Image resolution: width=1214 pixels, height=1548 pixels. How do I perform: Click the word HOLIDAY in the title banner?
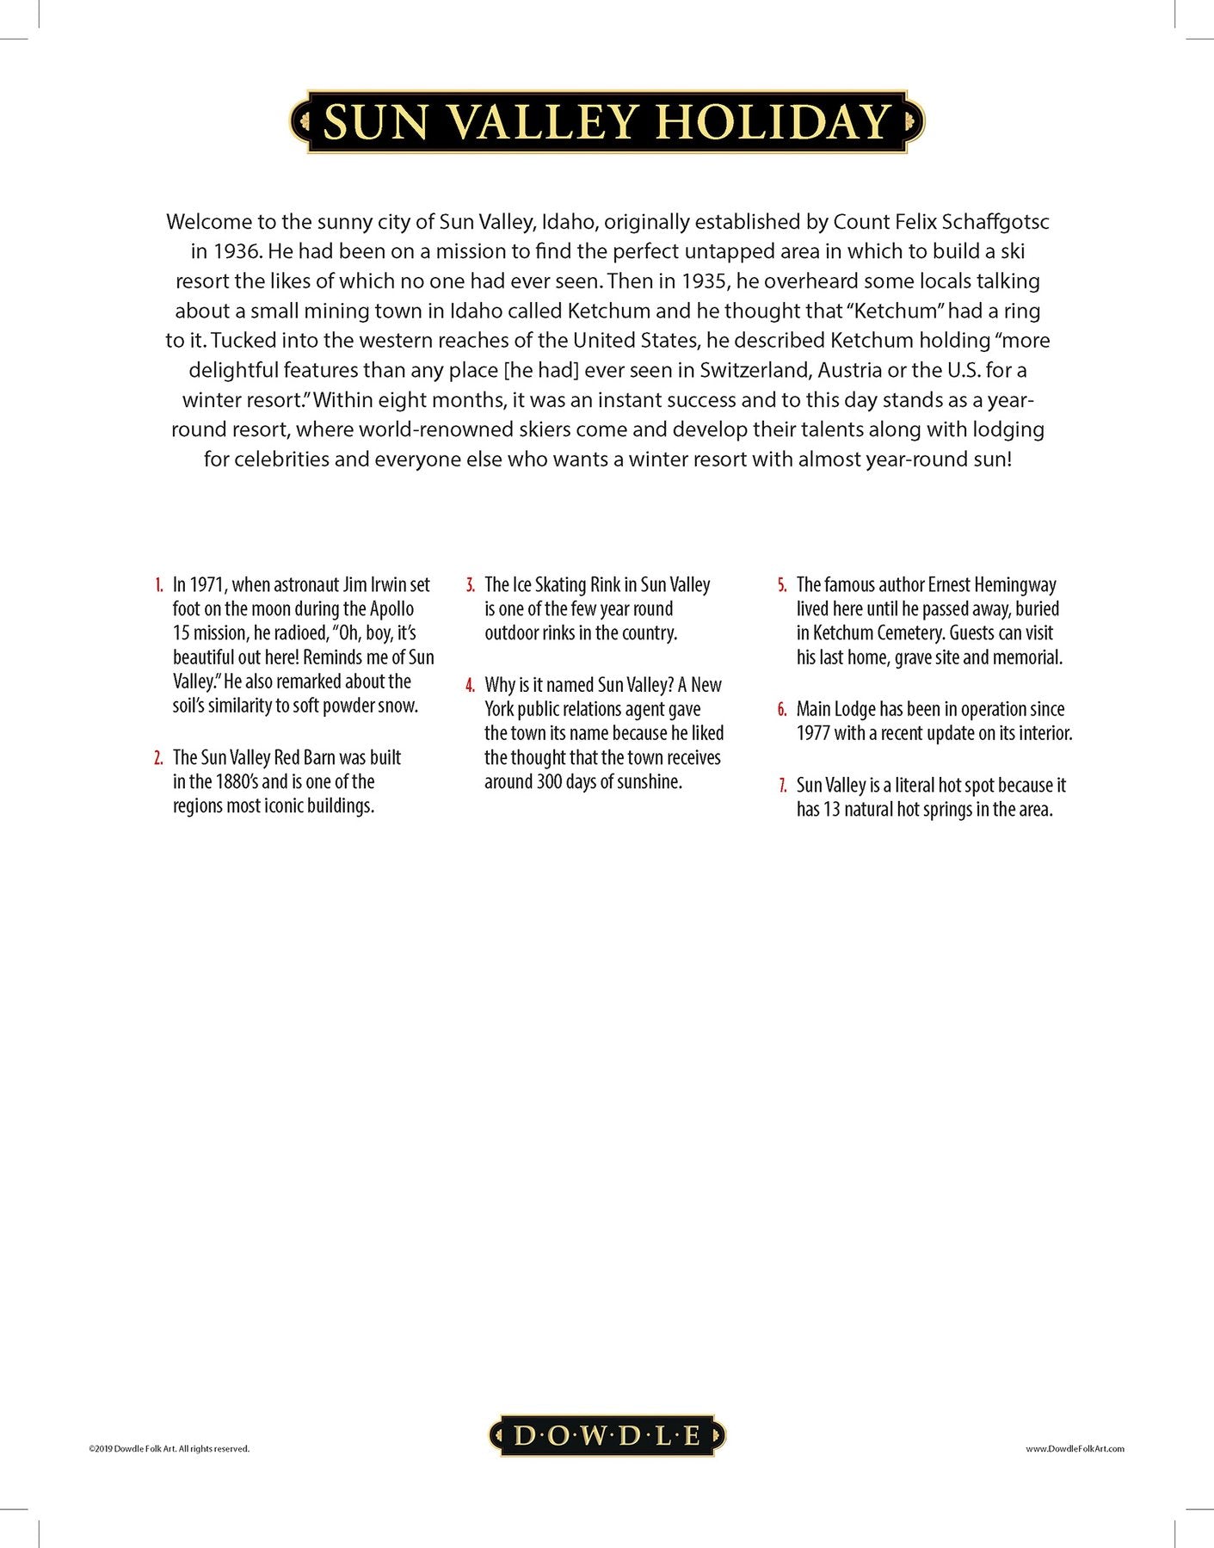tap(773, 121)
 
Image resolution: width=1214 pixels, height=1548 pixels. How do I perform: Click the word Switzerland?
tap(754, 370)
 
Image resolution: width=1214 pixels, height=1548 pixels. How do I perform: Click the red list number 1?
tap(159, 585)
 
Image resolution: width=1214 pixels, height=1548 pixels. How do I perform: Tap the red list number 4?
tap(471, 686)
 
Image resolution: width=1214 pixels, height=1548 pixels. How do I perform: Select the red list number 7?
tap(782, 786)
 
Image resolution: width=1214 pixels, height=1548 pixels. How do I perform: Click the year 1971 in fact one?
tap(206, 585)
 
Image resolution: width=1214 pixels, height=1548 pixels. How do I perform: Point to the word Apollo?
tap(391, 609)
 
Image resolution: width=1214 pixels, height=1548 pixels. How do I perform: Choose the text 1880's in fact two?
tap(236, 782)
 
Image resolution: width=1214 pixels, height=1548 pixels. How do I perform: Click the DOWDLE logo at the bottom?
tap(607, 1435)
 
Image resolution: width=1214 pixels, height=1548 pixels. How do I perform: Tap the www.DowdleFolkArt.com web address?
tap(1075, 1449)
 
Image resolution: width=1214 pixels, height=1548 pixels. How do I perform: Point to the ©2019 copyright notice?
tap(169, 1449)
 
